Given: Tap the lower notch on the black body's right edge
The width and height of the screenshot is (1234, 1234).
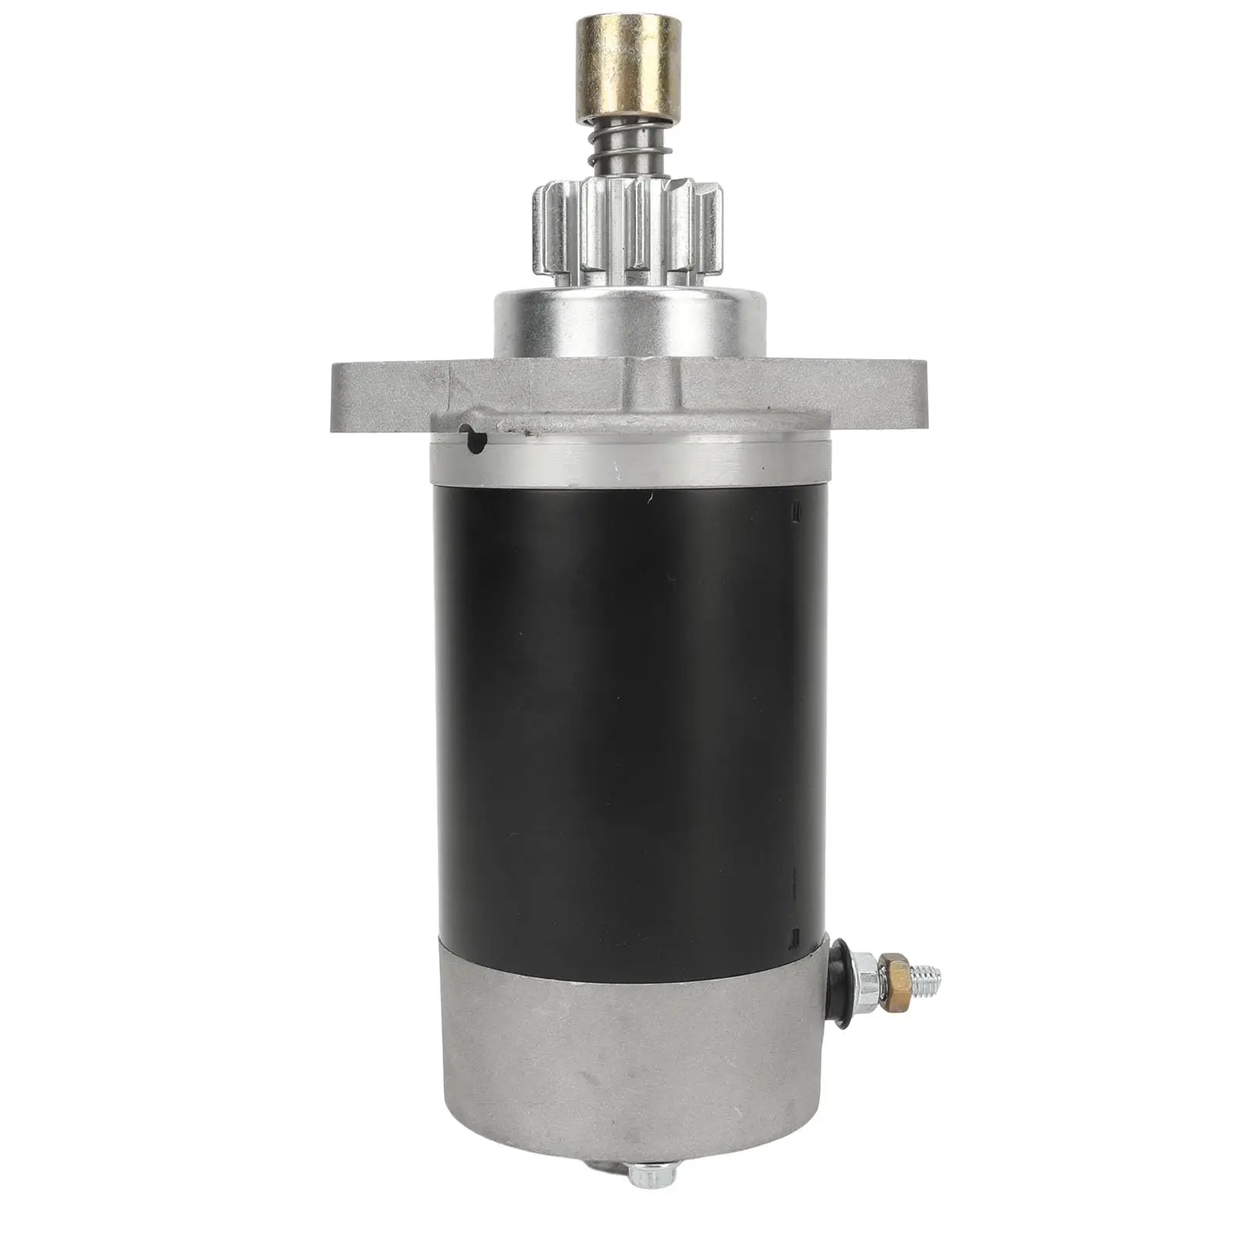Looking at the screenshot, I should pos(795,936).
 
